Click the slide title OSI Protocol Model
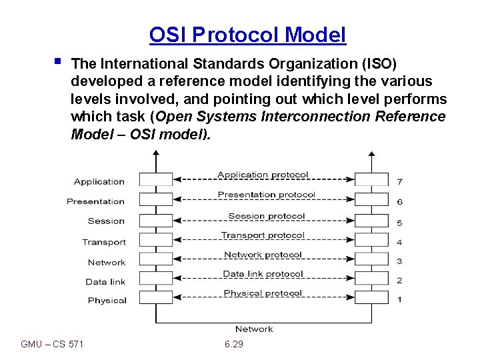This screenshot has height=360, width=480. click(247, 35)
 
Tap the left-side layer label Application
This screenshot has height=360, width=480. click(99, 181)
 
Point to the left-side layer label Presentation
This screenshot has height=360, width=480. click(95, 201)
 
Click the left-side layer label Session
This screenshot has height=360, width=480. click(106, 221)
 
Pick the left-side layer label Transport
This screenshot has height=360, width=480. click(103, 242)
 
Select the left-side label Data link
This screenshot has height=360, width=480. click(105, 281)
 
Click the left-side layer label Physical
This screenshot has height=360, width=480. click(107, 301)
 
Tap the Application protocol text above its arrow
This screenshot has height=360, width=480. click(263, 175)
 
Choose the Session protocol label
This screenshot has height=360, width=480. click(266, 216)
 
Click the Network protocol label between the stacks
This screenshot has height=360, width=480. click(263, 255)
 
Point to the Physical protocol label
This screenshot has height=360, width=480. click(263, 293)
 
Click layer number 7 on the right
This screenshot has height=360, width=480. click(399, 181)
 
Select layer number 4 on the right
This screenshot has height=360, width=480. click(399, 243)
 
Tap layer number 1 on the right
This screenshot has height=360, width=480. click(399, 300)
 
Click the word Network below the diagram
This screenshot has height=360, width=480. click(254, 329)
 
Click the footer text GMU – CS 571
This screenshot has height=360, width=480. click(52, 344)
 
